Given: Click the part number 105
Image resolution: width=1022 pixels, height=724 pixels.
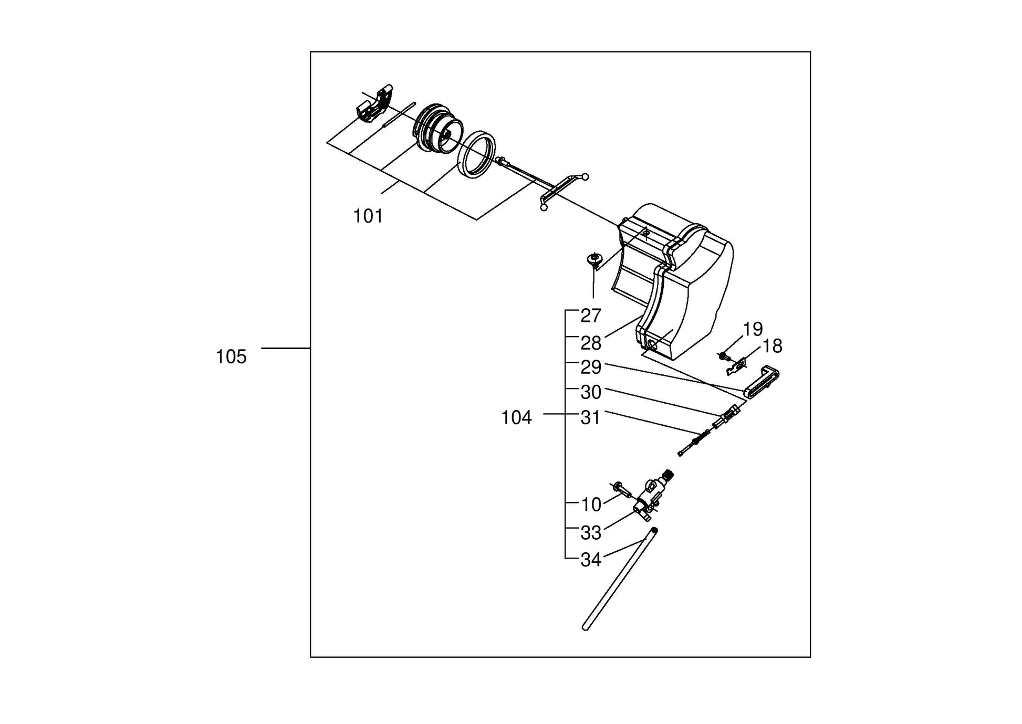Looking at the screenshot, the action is (x=231, y=357).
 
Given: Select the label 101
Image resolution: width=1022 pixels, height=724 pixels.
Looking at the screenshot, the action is (x=368, y=216).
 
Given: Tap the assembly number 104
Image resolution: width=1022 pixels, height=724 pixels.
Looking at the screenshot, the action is (x=517, y=418).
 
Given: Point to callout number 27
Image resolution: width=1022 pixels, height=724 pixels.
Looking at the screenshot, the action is (x=591, y=316).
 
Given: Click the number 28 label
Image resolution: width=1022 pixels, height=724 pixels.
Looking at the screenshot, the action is (x=591, y=343).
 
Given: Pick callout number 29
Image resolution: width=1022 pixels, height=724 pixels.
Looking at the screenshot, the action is (x=591, y=368).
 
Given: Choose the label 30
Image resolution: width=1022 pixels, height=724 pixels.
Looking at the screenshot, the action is (x=591, y=393).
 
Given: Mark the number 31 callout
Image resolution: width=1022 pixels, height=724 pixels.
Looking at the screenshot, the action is (x=591, y=418).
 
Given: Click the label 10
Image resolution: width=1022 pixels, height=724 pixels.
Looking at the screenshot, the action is (x=591, y=505).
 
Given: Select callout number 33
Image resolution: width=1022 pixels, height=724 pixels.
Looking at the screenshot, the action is (x=591, y=533).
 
